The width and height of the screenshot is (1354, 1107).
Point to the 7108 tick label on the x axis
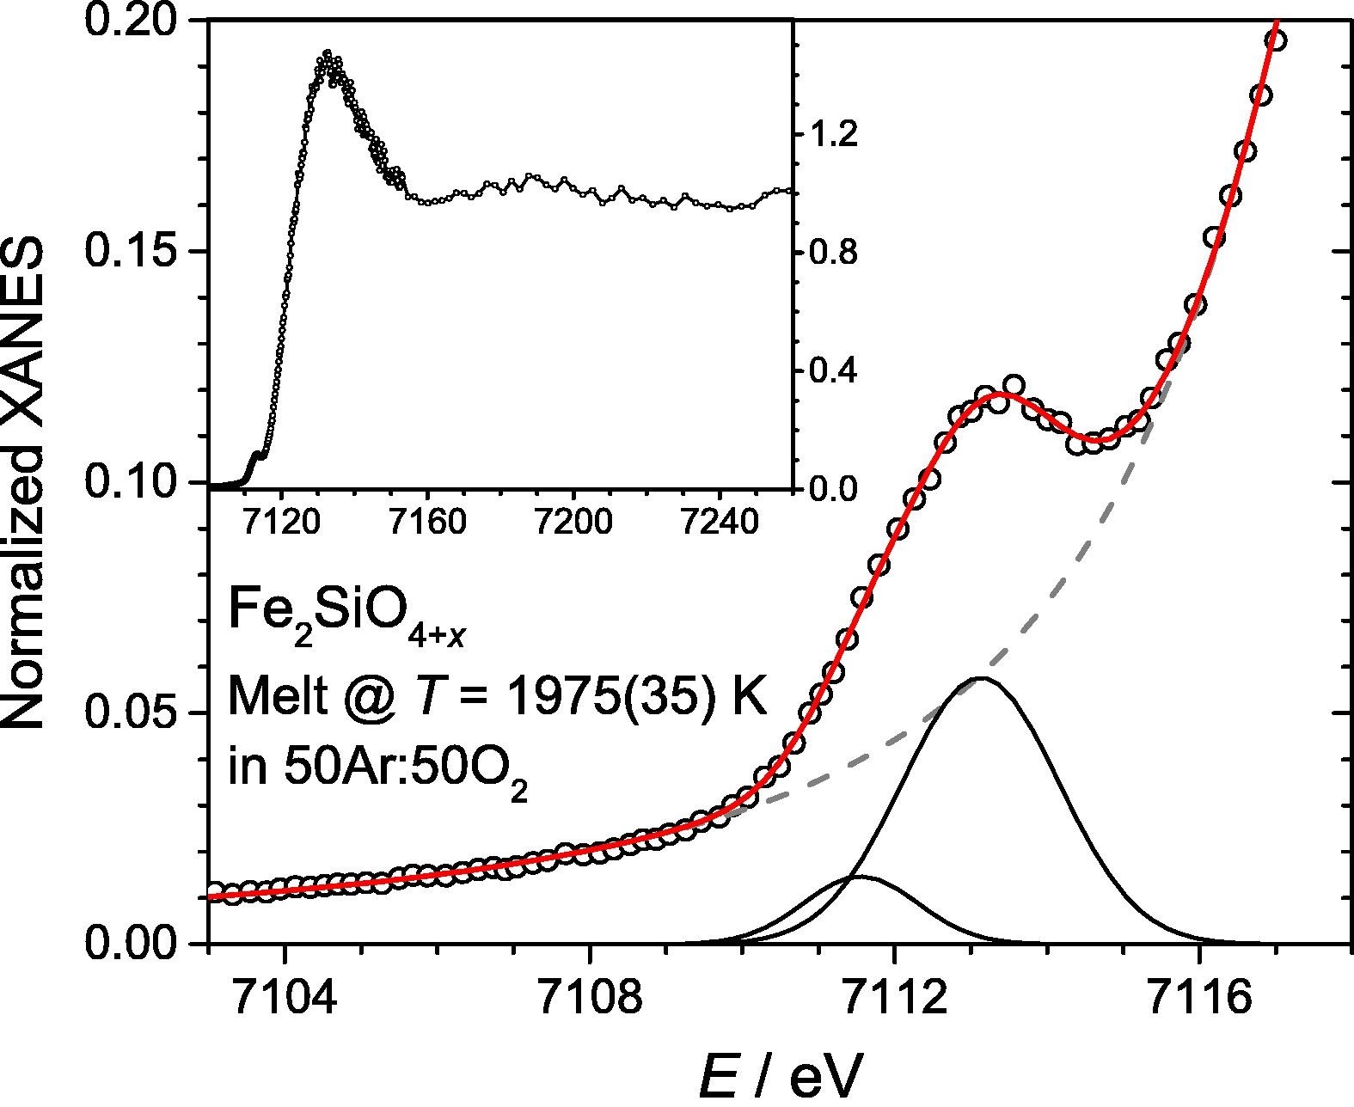pyautogui.click(x=590, y=996)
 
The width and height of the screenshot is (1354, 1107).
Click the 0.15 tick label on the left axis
pyautogui.click(x=138, y=251)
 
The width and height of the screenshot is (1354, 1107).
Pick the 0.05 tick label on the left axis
pyautogui.click(x=138, y=713)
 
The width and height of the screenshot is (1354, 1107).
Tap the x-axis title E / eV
pyautogui.click(x=778, y=1074)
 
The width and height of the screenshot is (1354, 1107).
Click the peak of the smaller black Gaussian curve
pyautogui.click(x=860, y=877)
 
